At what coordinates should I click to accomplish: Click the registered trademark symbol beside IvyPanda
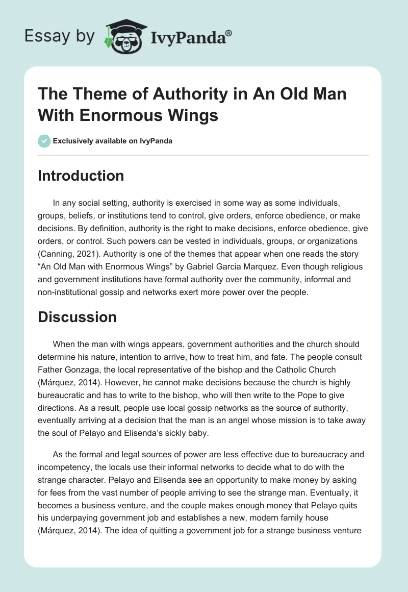point(229,33)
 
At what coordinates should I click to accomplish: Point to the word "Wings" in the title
point(192,115)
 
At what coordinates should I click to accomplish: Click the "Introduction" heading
point(81,176)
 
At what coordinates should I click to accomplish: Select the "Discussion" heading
point(78,317)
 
